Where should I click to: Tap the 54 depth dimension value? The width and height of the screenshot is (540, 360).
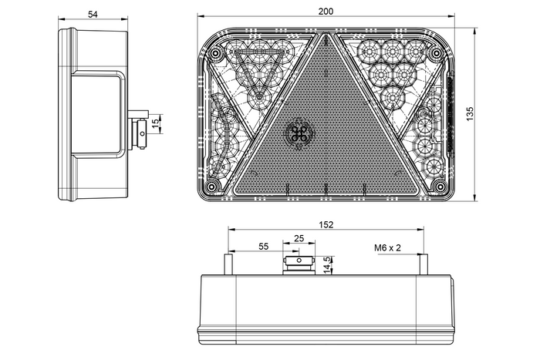93,14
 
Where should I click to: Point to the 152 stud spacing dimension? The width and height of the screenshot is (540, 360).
325,225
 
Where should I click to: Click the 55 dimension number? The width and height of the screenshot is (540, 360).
263,247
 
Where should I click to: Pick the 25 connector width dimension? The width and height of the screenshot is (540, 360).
299,240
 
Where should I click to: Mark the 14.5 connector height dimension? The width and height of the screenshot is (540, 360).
327,264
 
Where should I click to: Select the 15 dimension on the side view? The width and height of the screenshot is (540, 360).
155,123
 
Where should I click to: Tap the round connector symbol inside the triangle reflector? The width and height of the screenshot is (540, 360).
299,133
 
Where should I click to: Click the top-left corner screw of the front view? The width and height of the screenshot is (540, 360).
215,54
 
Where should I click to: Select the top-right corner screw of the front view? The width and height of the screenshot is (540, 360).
437,54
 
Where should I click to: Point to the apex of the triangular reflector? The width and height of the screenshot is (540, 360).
325,36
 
